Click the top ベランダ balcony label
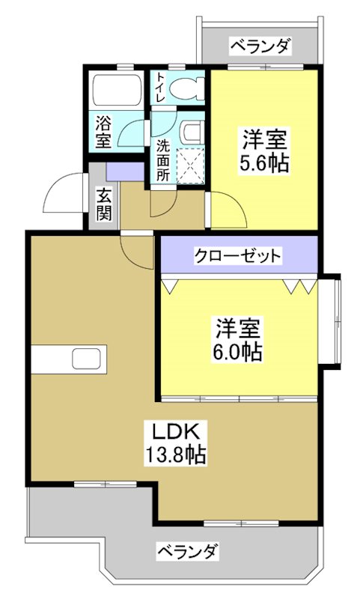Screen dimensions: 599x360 pos(259,46)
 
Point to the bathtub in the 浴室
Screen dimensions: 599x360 pos(116,91)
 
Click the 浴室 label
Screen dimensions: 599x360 pos(104,129)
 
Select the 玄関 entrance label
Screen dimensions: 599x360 pos(104,204)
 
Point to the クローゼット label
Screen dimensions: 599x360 pos(238,256)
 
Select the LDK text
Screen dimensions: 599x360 pos(176,432)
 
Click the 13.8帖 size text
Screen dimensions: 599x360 pos(176,453)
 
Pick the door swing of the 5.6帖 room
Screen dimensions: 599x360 pos(225,208)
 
